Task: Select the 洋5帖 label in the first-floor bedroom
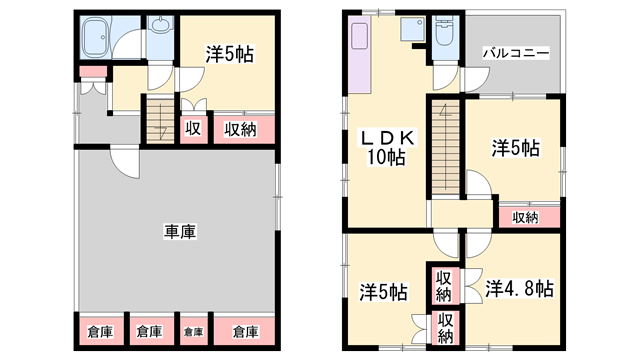[227, 56]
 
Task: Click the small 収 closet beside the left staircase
[193, 128]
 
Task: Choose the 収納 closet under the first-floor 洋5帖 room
[240, 128]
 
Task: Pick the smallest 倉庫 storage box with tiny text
[193, 331]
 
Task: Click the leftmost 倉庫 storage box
[99, 331]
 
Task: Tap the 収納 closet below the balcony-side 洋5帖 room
[525, 215]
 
